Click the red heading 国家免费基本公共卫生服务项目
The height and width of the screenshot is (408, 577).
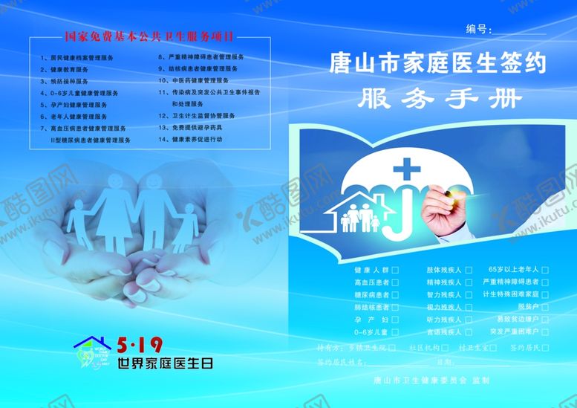coord(149,36)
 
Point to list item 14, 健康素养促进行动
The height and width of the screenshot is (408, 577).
coord(196,139)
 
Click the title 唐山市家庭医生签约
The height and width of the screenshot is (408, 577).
coord(437,65)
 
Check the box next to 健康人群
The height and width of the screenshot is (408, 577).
coord(395,270)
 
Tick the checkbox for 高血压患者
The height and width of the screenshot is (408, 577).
coord(395,282)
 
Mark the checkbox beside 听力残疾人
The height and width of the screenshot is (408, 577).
coord(469,320)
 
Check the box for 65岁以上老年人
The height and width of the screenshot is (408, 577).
coord(545,270)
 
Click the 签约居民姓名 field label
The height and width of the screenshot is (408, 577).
coord(342,363)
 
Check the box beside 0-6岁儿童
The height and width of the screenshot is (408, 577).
coord(395,332)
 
